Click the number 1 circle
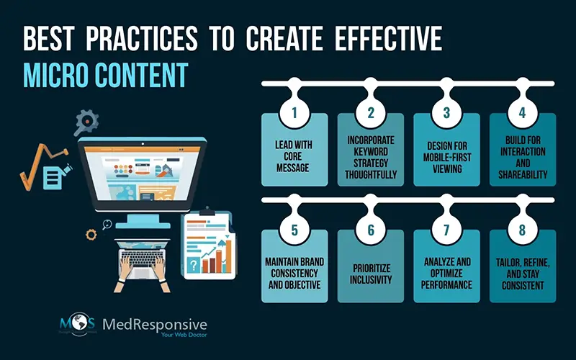click(x=294, y=112)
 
